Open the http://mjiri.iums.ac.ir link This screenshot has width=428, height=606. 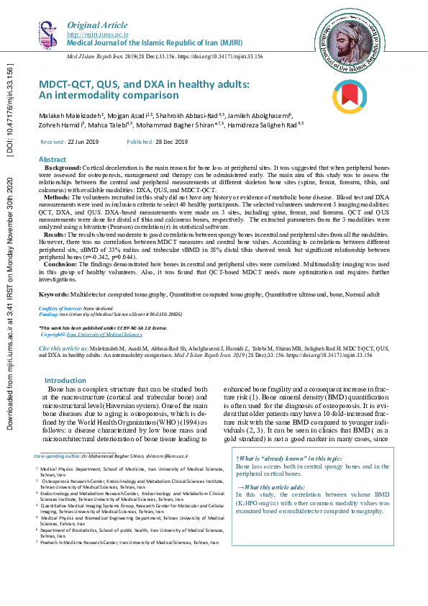tap(97, 34)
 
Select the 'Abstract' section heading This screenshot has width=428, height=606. tap(53, 159)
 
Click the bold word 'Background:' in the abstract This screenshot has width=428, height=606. tap(63, 167)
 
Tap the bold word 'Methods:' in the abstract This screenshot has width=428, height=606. tap(57, 196)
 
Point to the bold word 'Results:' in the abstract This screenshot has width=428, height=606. tap(56, 235)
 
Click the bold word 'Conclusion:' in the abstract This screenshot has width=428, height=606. tap(60, 264)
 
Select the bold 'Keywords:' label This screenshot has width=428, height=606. tap(54, 294)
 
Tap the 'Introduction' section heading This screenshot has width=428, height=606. tap(65, 380)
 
